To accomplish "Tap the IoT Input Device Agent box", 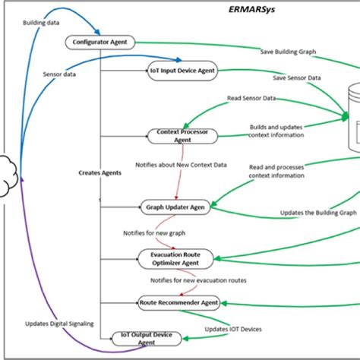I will pyautogui.click(x=182, y=71).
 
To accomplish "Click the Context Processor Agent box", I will pyautogui.click(x=182, y=135).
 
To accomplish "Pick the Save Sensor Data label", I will pyautogui.click(x=296, y=78).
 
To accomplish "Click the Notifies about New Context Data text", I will pyautogui.click(x=176, y=163).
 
